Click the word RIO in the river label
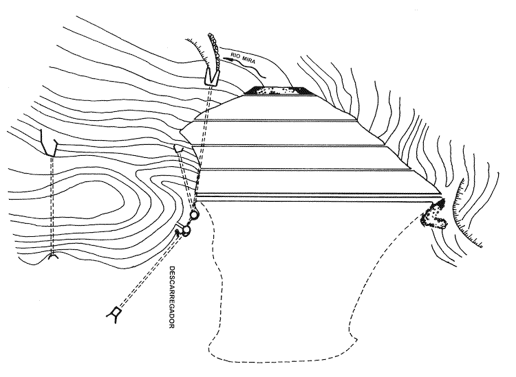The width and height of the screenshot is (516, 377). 235,55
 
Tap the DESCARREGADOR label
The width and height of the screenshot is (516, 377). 171,297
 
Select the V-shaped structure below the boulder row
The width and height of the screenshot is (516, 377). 211,76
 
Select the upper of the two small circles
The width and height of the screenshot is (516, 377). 194,215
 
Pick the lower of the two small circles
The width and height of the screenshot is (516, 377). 186,230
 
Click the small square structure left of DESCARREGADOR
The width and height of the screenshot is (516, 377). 116,311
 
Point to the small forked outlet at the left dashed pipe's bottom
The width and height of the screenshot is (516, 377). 53,256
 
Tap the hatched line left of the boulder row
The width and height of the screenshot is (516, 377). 198,49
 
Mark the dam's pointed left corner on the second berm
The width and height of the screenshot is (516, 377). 180,131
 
